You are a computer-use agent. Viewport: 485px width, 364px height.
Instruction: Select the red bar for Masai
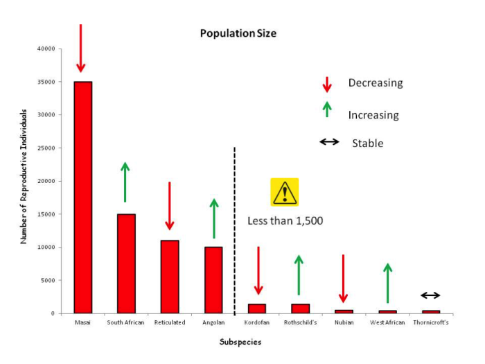[x=83, y=197]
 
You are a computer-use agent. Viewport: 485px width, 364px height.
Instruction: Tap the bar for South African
[x=126, y=263]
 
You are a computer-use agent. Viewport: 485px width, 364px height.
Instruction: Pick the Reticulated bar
[x=170, y=277]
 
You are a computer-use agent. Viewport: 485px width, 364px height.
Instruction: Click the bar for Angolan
[x=213, y=280]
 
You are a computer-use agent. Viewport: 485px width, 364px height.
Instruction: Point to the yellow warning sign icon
[x=284, y=192]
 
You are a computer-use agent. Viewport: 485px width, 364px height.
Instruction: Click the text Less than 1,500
[x=285, y=221]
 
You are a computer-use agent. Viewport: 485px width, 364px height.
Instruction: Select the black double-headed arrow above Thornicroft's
[x=430, y=295]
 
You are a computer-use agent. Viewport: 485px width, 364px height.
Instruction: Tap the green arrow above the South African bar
[x=125, y=182]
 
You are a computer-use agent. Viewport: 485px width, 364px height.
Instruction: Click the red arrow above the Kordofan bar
[x=258, y=270]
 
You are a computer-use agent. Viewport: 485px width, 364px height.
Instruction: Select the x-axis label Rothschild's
[x=301, y=322]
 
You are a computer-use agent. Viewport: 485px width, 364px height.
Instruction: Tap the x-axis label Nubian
[x=344, y=322]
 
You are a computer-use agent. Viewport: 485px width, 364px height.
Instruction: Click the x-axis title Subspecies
[x=240, y=342]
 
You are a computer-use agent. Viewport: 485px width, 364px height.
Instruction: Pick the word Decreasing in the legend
[x=375, y=83]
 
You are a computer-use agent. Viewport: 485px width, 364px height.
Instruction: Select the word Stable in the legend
[x=367, y=144]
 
